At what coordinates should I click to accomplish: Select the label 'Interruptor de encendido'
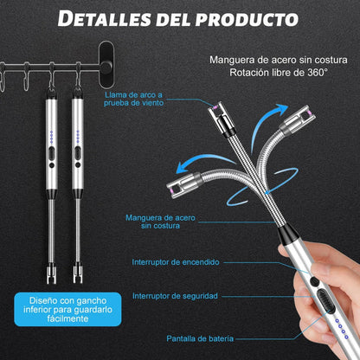point(176,260)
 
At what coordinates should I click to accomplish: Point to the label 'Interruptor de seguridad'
point(176,295)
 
